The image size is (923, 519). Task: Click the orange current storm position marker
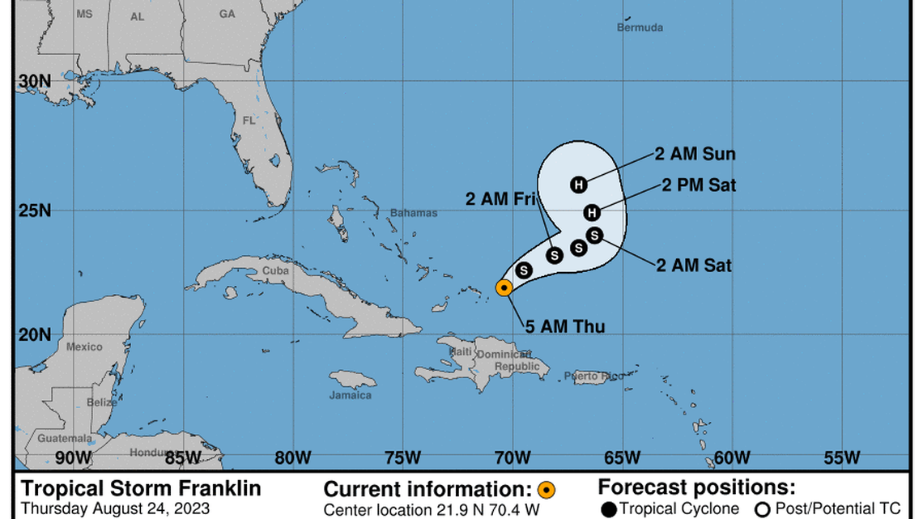[504, 287]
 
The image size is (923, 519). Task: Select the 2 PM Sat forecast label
[699, 185]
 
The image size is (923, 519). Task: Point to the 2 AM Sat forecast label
[694, 265]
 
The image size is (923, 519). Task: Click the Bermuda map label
[640, 28]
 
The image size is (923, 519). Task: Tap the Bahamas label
[414, 213]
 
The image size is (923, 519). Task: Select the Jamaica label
[351, 395]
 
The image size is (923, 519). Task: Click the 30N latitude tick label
[35, 81]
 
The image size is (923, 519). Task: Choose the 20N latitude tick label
[35, 334]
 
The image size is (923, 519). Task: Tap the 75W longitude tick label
[402, 457]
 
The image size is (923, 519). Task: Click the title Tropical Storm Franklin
[141, 488]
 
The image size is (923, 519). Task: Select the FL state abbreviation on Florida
[249, 121]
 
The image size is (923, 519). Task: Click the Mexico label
[84, 347]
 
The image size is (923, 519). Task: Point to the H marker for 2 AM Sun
[578, 185]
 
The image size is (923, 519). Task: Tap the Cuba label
[275, 270]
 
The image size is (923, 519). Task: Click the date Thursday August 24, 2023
[115, 508]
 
